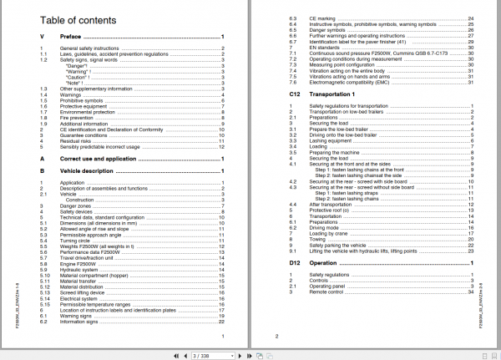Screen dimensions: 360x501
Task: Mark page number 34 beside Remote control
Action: click(472, 292)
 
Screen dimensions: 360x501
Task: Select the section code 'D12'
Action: click(283, 264)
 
